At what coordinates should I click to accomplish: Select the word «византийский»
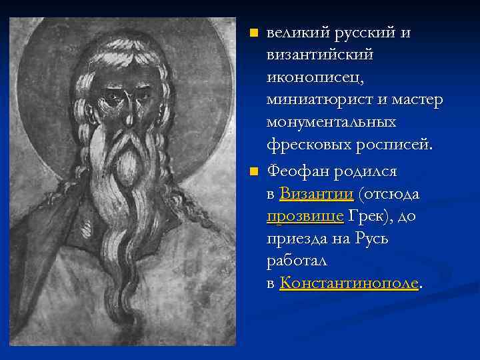(320, 55)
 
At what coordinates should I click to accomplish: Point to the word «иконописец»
(314, 78)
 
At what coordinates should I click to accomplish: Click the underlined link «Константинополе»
(350, 283)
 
